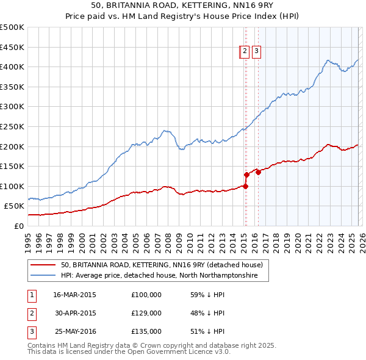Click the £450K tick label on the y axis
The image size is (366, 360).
tap(12, 47)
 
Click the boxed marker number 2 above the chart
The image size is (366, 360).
tap(245, 52)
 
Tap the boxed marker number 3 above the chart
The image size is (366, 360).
tap(256, 52)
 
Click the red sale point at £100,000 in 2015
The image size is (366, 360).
tap(245, 186)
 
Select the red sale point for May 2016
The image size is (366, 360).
tap(258, 172)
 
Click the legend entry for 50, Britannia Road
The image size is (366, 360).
tap(161, 265)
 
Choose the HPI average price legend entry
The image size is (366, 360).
tap(159, 276)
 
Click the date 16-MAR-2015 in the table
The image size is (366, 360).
tap(74, 294)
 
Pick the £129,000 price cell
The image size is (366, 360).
tap(146, 313)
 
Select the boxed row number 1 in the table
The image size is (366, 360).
tap(31, 295)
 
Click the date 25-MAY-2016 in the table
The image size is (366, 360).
tap(74, 332)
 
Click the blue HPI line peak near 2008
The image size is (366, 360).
tap(165, 130)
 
